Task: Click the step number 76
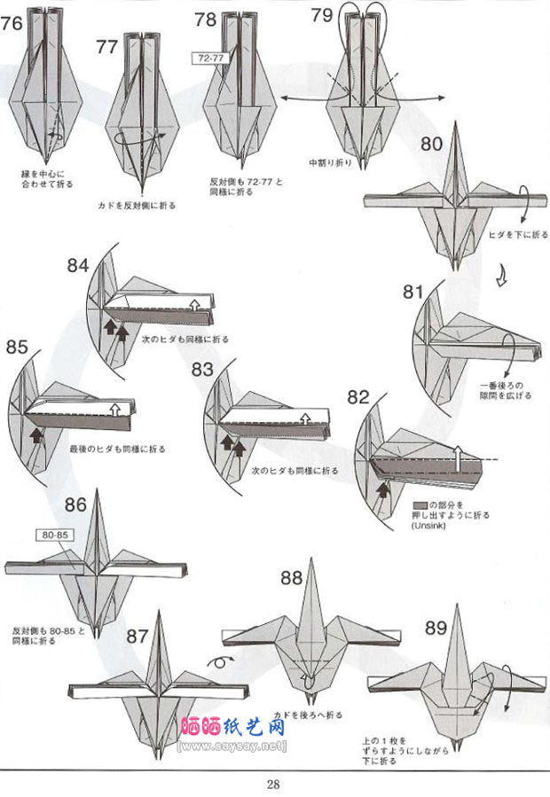coord(12,24)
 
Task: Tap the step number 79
coord(323,15)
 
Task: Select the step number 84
coord(78,265)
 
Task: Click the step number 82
coord(357,398)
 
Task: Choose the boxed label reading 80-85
coord(54,535)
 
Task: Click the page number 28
coord(273,783)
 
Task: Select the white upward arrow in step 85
coord(114,409)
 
